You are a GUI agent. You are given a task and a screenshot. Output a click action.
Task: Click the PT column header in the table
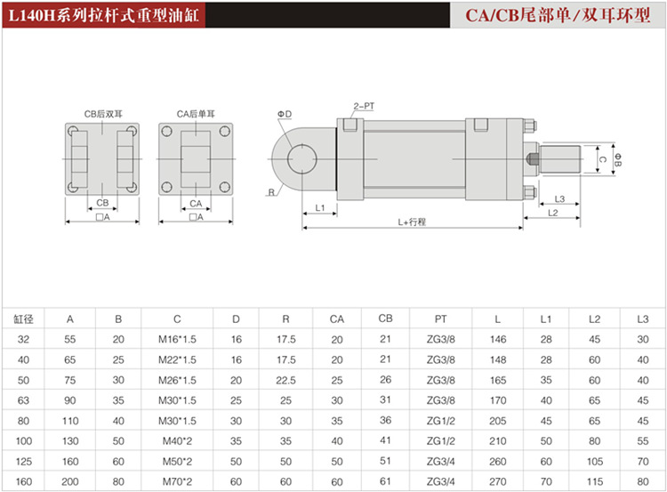(441, 319)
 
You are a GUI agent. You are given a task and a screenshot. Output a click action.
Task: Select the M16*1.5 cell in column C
(177, 339)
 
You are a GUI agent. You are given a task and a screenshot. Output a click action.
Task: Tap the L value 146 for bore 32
(498, 339)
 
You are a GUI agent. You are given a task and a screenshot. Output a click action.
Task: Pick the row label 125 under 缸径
(24, 462)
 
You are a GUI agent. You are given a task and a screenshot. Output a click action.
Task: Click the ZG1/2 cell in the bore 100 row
(441, 441)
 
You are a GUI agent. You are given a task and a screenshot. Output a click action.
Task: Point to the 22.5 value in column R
(285, 380)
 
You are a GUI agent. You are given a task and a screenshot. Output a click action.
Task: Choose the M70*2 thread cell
(177, 482)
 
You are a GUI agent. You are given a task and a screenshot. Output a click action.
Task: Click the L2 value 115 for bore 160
(595, 482)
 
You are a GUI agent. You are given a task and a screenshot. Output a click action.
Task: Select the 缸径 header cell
(23, 319)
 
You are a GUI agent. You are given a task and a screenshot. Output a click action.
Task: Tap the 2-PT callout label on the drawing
(364, 106)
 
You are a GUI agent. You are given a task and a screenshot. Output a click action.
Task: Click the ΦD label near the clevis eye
(285, 114)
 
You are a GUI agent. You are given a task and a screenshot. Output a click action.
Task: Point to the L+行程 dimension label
(412, 222)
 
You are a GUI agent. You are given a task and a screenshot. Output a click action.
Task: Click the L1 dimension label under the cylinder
(320, 207)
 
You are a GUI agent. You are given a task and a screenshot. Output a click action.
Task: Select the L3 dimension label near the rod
(559, 198)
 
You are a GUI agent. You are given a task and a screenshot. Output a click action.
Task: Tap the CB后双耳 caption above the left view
(103, 114)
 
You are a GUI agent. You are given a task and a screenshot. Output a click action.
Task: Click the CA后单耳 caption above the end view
(197, 114)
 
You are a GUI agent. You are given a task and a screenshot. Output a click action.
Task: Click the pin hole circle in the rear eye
(302, 145)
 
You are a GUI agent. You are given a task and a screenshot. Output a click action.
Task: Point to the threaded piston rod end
(559, 159)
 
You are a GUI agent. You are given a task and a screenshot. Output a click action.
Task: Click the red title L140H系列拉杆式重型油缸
(104, 15)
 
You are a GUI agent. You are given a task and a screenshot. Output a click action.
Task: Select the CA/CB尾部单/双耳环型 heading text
(558, 15)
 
